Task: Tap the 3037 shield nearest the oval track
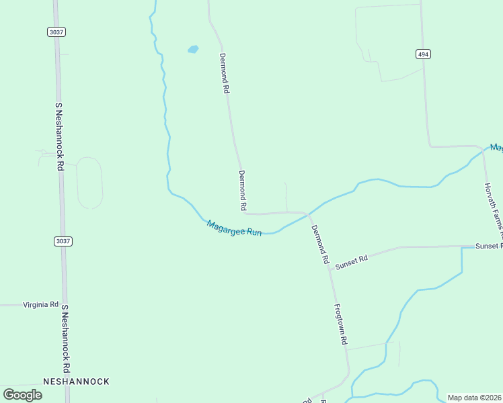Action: (x=63, y=240)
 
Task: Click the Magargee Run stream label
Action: (x=234, y=228)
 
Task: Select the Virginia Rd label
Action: (x=41, y=304)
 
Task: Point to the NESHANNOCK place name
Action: (x=76, y=382)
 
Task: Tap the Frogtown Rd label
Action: (x=341, y=324)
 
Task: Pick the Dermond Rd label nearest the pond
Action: (x=225, y=73)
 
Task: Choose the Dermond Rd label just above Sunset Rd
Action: (x=320, y=244)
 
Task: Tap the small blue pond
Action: (x=193, y=49)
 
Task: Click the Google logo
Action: (x=22, y=395)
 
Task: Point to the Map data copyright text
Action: (x=474, y=398)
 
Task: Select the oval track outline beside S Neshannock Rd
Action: (x=89, y=183)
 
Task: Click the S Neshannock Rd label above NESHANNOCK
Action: (x=66, y=339)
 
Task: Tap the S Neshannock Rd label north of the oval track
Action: (x=59, y=137)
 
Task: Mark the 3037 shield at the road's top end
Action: (x=56, y=32)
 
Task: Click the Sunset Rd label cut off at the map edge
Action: (x=489, y=246)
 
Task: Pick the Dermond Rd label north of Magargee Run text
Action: (x=243, y=189)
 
